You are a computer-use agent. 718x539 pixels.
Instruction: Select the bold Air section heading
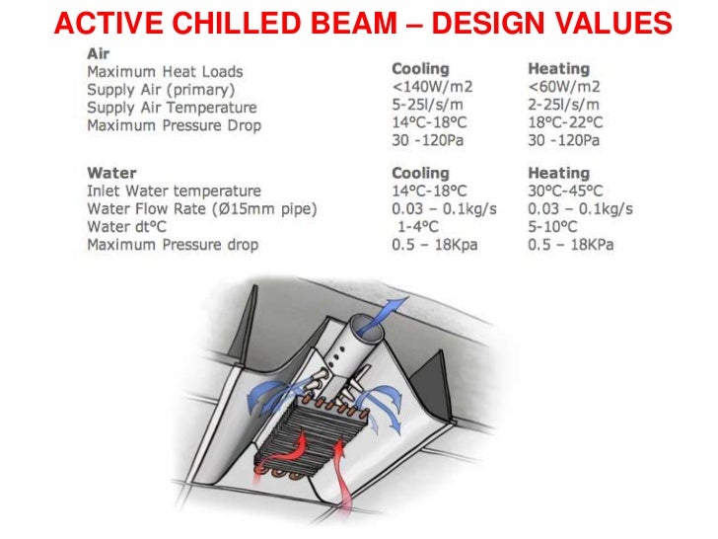tap(99, 54)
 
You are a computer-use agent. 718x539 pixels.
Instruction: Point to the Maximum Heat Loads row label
tap(165, 72)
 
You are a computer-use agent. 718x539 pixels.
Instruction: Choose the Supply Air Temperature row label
tap(172, 108)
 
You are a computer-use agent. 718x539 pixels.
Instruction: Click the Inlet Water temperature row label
tap(175, 191)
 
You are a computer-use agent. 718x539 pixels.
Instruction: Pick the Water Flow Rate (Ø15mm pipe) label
tap(202, 208)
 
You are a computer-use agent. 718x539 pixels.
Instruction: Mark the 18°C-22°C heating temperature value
tap(566, 123)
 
